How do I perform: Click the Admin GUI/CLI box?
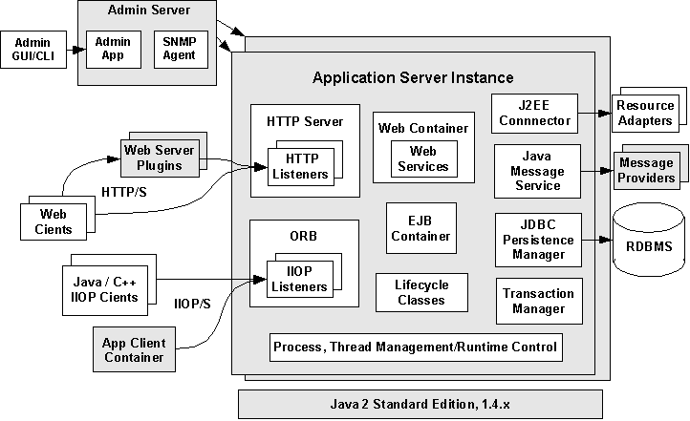click(x=32, y=50)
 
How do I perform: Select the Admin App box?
click(x=112, y=49)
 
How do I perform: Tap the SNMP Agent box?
click(x=180, y=49)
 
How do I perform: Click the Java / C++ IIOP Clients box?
click(x=105, y=289)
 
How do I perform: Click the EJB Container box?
click(x=421, y=229)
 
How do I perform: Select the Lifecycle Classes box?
click(x=420, y=293)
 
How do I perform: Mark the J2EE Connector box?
click(x=535, y=114)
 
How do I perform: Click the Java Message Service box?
click(x=537, y=171)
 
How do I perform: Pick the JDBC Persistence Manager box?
click(x=537, y=241)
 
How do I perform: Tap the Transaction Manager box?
click(x=538, y=301)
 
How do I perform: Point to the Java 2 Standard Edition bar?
click(x=420, y=404)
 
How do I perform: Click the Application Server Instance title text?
click(x=413, y=77)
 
